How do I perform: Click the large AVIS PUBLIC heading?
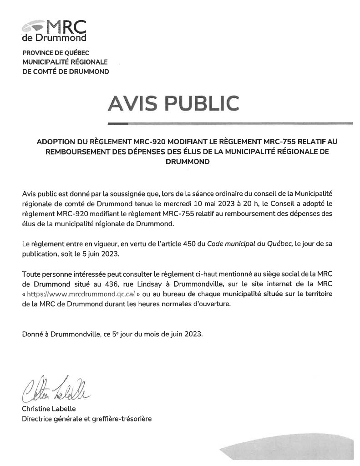173,103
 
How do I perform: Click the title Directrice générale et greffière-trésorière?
86,419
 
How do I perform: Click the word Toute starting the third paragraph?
31,274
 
